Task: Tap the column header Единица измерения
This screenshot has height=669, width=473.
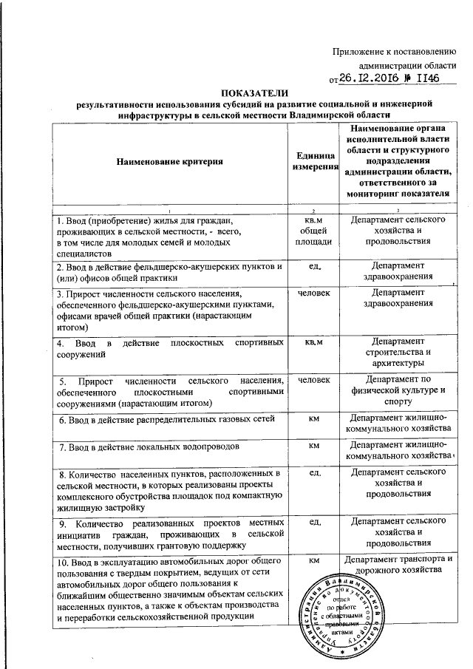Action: (x=313, y=160)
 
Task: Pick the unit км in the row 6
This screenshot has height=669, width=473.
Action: (x=313, y=419)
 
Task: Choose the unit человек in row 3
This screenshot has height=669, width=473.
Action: (x=313, y=293)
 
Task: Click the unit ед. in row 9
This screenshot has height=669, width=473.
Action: (x=313, y=523)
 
